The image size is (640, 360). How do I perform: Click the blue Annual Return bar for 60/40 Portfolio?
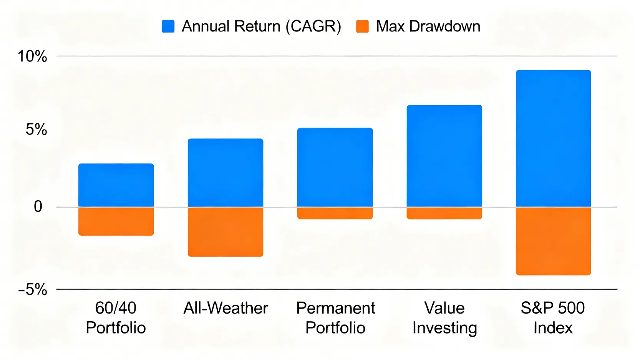coord(116,185)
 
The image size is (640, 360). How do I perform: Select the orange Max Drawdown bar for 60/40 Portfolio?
coord(116,221)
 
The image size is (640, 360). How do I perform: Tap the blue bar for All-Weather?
coord(225,173)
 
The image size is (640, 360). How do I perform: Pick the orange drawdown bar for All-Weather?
coord(225,232)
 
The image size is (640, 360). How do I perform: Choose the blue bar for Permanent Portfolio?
coord(335,167)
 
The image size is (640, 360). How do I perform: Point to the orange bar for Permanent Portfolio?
coord(335,213)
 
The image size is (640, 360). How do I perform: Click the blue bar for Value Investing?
coord(444,156)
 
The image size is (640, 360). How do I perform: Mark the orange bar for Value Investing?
coord(444,213)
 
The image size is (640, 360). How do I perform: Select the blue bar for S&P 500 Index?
coord(553,138)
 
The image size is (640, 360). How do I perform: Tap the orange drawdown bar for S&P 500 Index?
coord(553,241)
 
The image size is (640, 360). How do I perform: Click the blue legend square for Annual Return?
coord(168,27)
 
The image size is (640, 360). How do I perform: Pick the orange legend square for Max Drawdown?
coord(362,27)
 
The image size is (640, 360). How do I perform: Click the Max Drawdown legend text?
coord(428,27)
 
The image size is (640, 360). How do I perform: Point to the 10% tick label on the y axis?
coord(32,56)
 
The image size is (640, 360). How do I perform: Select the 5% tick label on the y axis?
coord(36,129)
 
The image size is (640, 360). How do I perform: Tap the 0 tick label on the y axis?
coord(38,207)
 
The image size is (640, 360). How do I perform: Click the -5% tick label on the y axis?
coord(33,289)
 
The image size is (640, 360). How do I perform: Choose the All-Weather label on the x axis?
coord(225,308)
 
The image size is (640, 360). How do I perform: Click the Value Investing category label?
coord(444,318)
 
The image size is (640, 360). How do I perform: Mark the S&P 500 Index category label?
coord(553,318)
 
